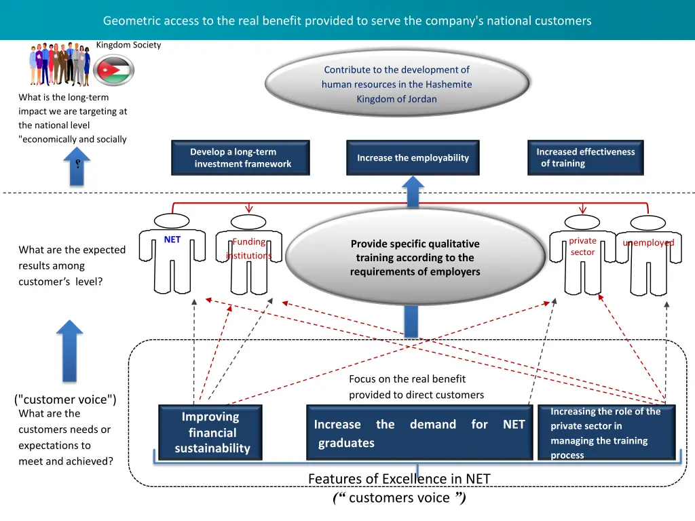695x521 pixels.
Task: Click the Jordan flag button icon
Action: pos(113,70)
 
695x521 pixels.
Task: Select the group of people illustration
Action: pos(60,64)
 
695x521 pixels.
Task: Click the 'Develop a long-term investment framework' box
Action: pos(240,158)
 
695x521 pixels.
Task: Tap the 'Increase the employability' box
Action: pos(413,158)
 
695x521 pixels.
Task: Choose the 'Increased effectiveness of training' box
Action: pos(585,158)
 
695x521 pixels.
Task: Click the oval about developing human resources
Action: pos(397,84)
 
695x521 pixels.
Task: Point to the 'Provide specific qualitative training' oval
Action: pos(415,257)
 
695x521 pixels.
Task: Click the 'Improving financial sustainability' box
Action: pos(210,433)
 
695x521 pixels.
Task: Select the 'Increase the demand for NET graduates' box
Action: pos(419,433)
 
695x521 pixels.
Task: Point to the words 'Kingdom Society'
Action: pos(129,45)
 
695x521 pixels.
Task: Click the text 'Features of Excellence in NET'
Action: pos(399,479)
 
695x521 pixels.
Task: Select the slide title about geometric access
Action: pos(347,20)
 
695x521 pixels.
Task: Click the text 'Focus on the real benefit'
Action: pos(407,379)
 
